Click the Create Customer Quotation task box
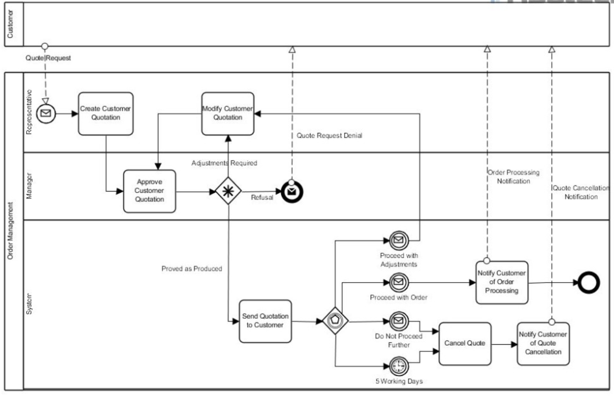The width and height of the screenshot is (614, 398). click(106, 114)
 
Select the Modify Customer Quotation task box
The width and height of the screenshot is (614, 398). click(228, 114)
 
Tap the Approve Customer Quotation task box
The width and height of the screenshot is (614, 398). click(150, 191)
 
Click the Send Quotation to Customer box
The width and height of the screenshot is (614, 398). click(265, 321)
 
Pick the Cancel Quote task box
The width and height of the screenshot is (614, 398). click(465, 343)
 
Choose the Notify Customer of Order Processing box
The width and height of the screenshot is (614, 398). click(502, 283)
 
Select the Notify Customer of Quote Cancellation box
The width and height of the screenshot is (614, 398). click(543, 344)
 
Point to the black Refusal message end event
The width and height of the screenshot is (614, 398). click(292, 192)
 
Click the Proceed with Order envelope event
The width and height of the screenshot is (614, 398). click(398, 283)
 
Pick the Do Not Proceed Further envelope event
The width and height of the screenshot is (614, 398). click(398, 322)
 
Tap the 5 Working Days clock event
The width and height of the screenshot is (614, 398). click(398, 366)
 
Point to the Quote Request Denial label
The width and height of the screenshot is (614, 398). click(329, 135)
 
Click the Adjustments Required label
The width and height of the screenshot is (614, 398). click(224, 163)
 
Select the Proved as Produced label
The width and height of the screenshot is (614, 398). click(192, 268)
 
